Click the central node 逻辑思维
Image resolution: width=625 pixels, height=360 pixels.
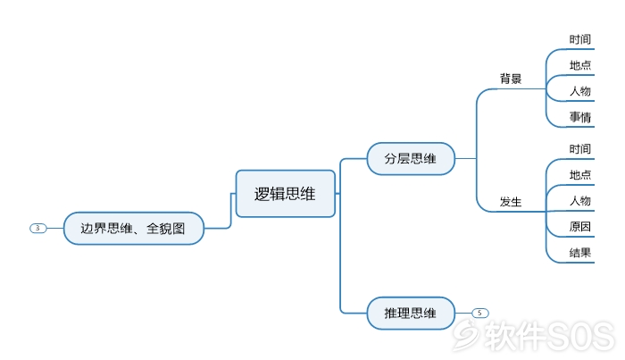[x=286, y=194]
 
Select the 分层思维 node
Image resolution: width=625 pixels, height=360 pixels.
[x=411, y=159]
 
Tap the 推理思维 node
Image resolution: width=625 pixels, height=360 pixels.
[x=411, y=313]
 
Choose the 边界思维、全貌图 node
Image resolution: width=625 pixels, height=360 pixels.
[x=134, y=229]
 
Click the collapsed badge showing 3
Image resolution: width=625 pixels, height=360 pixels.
[x=37, y=228]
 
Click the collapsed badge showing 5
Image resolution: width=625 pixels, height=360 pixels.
[x=480, y=313]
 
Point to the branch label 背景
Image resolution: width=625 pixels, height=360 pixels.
[x=511, y=79]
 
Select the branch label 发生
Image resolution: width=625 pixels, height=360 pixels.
[x=511, y=202]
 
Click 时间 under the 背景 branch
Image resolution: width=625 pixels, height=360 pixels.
[x=580, y=39]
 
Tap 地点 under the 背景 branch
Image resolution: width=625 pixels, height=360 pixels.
[x=580, y=65]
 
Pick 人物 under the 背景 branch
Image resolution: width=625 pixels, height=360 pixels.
[x=580, y=91]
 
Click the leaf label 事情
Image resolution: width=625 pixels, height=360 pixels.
[x=580, y=117]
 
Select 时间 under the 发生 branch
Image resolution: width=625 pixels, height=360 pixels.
[x=580, y=149]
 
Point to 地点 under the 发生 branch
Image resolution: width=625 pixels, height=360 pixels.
[x=580, y=174]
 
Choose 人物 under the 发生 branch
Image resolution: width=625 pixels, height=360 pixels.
[x=580, y=200]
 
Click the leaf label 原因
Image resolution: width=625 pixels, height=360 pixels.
[x=580, y=226]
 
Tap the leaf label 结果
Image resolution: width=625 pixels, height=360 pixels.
[x=580, y=253]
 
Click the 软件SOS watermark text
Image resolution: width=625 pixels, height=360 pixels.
[x=549, y=336]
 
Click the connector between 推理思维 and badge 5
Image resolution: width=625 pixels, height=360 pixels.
[x=463, y=313]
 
